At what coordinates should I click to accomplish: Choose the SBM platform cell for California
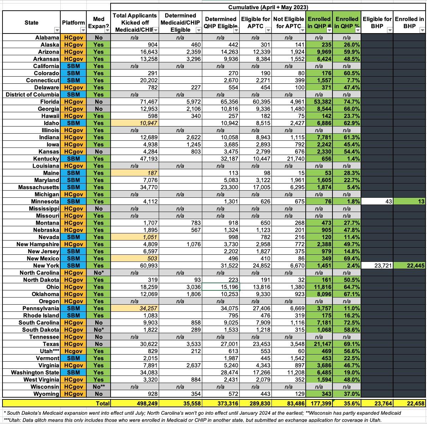pyautogui.click(x=73, y=66)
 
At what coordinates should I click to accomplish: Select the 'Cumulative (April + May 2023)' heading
pyautogui.click(x=268, y=7)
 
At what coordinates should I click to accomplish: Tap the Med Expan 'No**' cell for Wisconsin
pyautogui.click(x=98, y=387)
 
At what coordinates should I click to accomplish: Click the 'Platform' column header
pyautogui.click(x=73, y=22)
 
